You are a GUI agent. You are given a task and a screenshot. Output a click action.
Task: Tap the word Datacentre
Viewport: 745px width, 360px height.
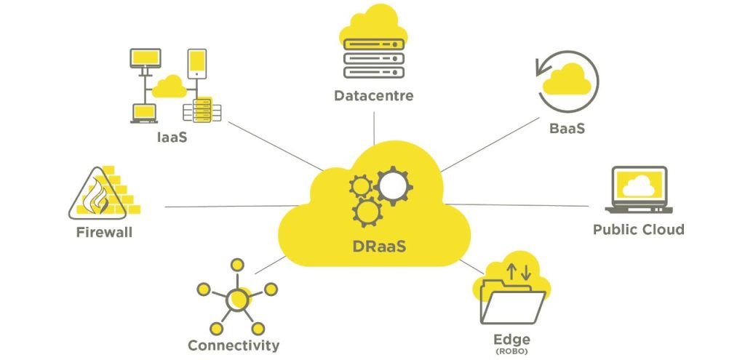pos(374,95)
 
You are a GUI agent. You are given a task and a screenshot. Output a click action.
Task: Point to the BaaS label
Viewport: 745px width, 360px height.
pos(567,129)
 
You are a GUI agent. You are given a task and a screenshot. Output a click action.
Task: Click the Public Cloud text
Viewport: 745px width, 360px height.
pos(638,230)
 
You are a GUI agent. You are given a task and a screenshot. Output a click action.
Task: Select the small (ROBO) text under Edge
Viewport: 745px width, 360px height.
pos(511,351)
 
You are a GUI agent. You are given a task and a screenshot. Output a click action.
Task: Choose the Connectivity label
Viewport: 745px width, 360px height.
pos(233,345)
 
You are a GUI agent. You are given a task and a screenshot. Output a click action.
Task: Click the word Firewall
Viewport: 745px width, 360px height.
pos(104,233)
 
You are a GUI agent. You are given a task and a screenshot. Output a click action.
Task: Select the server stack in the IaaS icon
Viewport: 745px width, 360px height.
pos(202,109)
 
